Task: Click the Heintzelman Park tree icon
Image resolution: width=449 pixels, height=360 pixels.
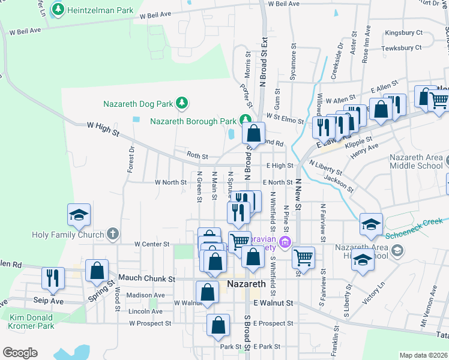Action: pos(58,9)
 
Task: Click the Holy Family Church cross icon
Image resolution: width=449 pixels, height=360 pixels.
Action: pos(112,233)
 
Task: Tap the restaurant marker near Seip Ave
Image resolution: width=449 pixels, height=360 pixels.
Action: pos(52,277)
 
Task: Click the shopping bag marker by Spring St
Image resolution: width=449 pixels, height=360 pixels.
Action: pos(97,271)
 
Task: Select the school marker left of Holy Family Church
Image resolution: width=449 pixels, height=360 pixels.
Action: pos(79,215)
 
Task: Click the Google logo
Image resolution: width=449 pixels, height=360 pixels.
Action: pos(20,352)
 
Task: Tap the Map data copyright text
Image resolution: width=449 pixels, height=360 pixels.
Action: pos(423,355)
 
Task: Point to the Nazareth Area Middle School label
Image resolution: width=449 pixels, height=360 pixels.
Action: pos(416,161)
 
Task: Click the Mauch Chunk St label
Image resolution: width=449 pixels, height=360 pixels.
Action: pos(146,278)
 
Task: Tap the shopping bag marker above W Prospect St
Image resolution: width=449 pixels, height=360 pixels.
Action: pos(218,325)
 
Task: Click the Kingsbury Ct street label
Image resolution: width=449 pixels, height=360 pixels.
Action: pos(404,32)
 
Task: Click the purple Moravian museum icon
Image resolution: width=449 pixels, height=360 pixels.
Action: pos(286,243)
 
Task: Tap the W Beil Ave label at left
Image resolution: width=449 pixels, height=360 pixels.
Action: pos(25,30)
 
